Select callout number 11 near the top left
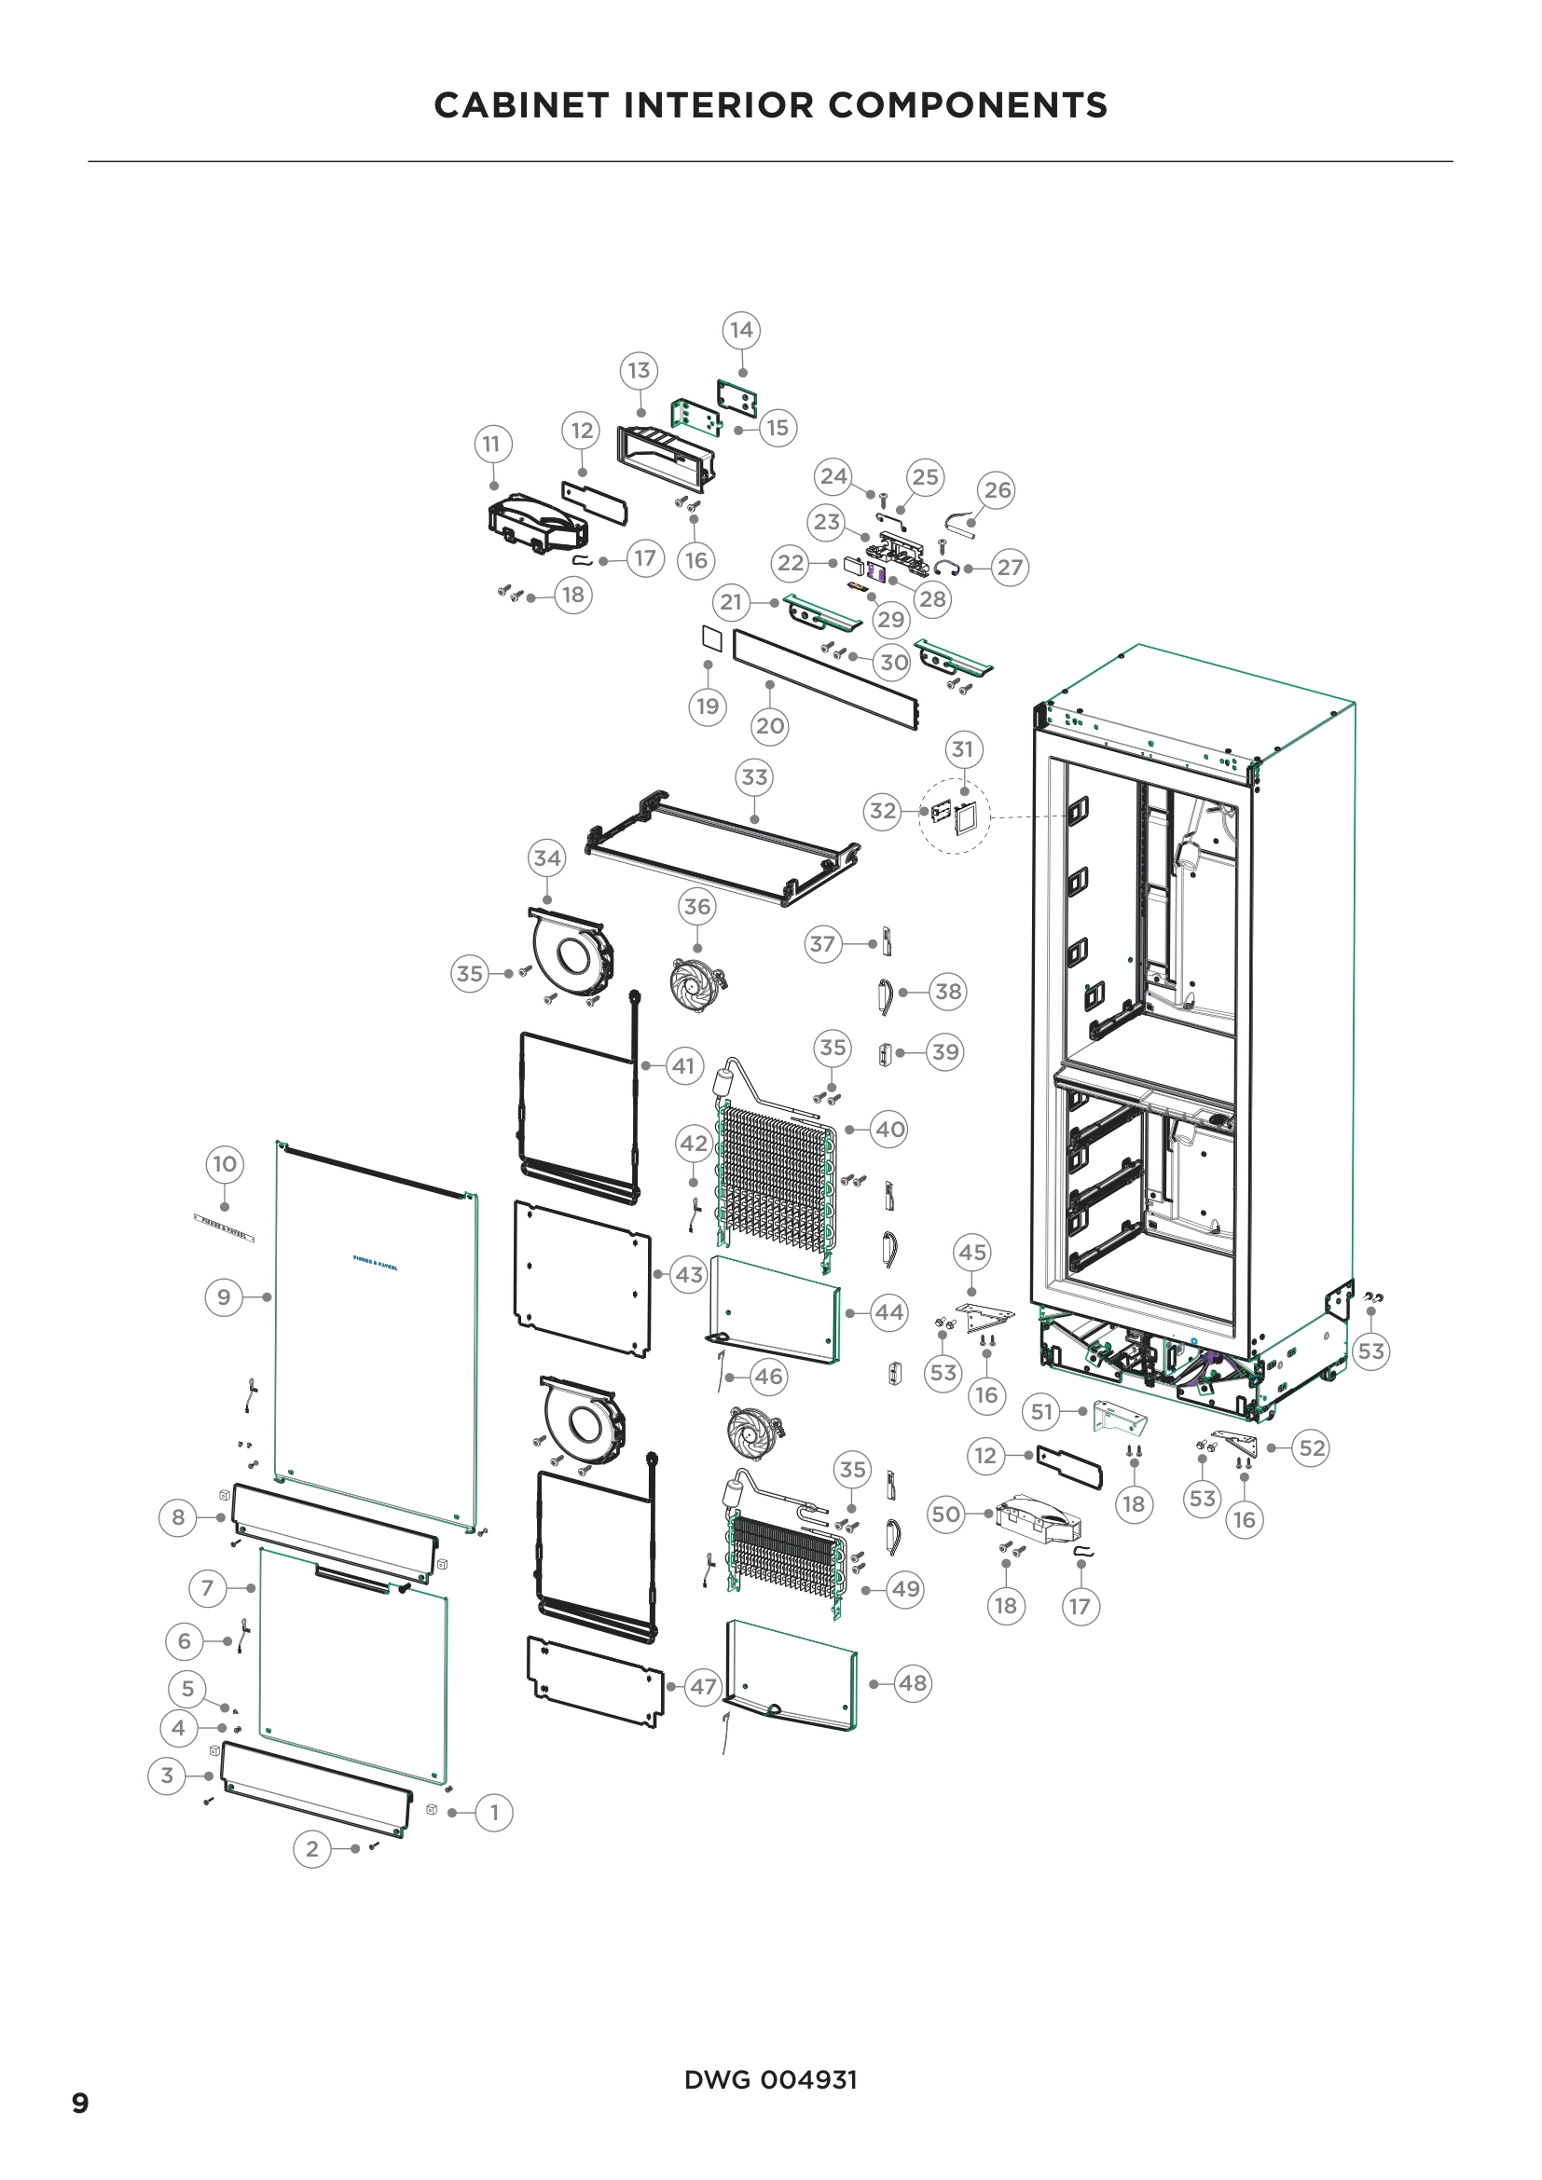point(491,444)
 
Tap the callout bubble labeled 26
point(997,490)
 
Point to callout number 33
point(754,776)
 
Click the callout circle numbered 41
point(683,1065)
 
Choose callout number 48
point(913,1683)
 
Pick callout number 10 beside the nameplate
point(224,1164)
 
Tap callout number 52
point(1312,1448)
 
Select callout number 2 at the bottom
point(311,1848)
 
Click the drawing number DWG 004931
point(770,2079)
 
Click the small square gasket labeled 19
point(712,638)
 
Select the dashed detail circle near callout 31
point(955,816)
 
